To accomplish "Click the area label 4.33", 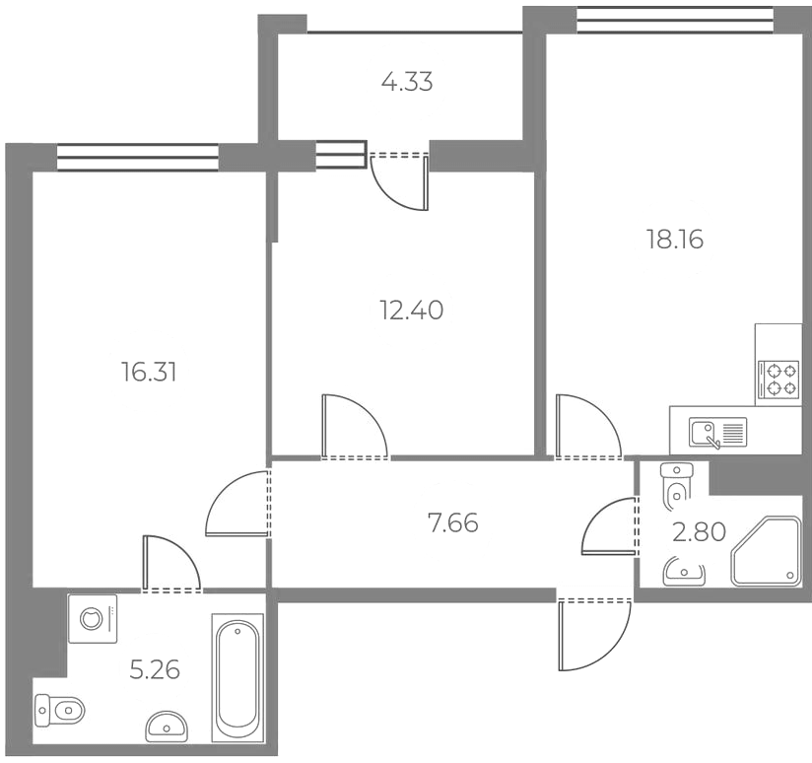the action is click(x=407, y=82).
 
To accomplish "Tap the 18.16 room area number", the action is click(x=675, y=240).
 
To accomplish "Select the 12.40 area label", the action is click(x=412, y=311).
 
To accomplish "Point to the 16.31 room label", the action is click(x=149, y=372).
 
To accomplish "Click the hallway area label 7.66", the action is click(x=452, y=522).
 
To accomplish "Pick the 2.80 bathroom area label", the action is click(x=699, y=532).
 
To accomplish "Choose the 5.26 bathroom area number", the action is click(x=155, y=669).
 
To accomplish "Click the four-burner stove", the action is click(x=778, y=380).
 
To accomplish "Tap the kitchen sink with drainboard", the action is click(x=717, y=433).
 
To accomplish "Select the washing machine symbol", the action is click(x=93, y=619).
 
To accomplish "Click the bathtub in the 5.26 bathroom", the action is click(x=237, y=678).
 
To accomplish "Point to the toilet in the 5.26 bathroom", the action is click(x=59, y=710).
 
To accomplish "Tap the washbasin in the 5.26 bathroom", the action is click(x=167, y=726).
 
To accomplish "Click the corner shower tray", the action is click(x=766, y=551).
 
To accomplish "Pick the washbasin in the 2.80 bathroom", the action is click(x=684, y=572).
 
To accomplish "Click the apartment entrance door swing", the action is click(x=594, y=634).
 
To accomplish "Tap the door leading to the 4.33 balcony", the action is click(x=400, y=181).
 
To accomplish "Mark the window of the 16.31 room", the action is click(x=138, y=157).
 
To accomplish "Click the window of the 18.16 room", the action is click(x=675, y=20).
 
